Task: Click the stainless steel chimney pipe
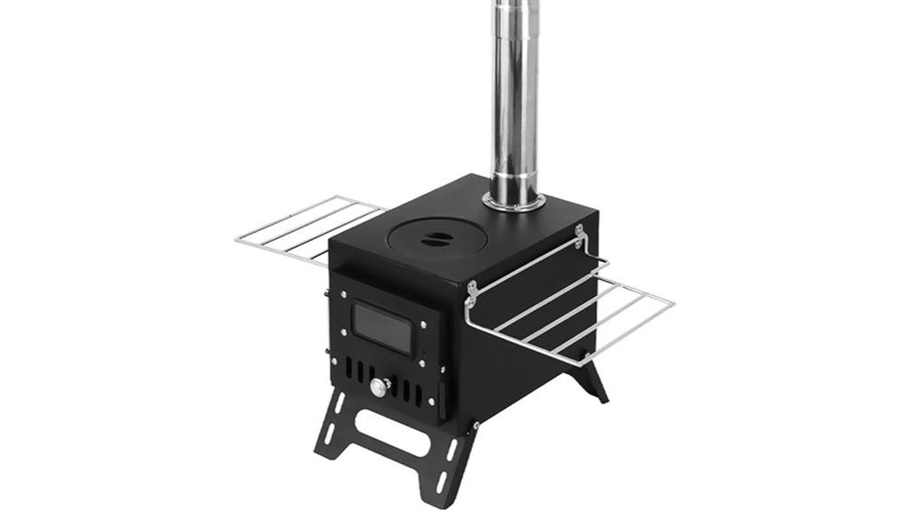pyautogui.click(x=515, y=98)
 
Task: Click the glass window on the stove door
pyautogui.click(x=382, y=328)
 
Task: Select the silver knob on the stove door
pyautogui.click(x=380, y=387)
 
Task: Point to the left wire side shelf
pyautogui.click(x=307, y=227)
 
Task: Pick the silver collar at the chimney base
pyautogui.click(x=514, y=202)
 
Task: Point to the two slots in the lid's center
pyautogui.click(x=435, y=237)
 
